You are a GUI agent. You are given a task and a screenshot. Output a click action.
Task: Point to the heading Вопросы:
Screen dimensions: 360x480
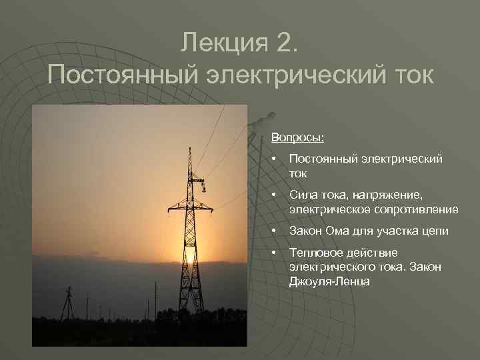click(298, 138)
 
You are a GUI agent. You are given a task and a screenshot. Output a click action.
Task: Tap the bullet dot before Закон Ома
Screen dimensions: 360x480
click(274, 231)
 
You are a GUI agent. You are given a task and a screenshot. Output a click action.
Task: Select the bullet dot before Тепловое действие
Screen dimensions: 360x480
click(274, 253)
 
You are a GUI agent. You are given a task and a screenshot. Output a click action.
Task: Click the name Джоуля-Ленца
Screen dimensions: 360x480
click(329, 281)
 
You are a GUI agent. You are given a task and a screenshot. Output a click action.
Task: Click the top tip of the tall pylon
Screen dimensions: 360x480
click(190, 148)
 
